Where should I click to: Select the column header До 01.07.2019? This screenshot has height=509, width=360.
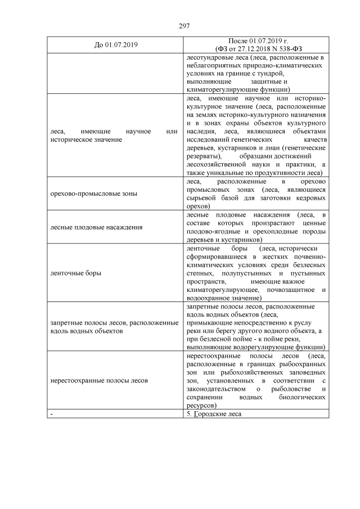click(116, 45)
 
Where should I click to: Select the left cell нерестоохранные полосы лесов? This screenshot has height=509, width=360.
click(99, 381)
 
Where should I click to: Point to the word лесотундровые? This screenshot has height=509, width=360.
click(209, 57)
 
